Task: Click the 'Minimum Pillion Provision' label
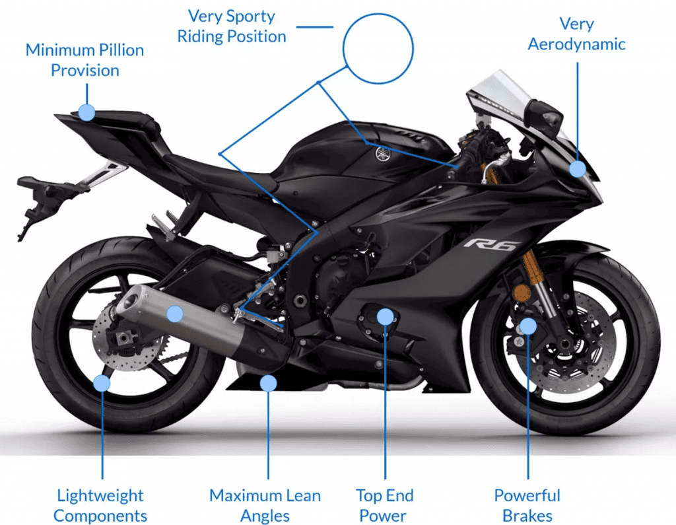tap(84, 60)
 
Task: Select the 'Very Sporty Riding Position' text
tap(232, 26)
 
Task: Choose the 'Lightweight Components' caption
tap(100, 505)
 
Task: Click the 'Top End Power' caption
tap(384, 505)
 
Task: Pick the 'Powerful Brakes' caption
tap(527, 505)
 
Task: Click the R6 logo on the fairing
tap(491, 244)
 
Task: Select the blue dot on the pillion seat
tap(86, 112)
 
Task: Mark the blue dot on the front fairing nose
tap(578, 168)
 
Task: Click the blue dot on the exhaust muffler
tap(174, 314)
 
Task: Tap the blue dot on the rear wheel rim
tap(101, 383)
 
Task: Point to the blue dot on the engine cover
tap(385, 317)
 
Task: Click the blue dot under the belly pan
tap(267, 382)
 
